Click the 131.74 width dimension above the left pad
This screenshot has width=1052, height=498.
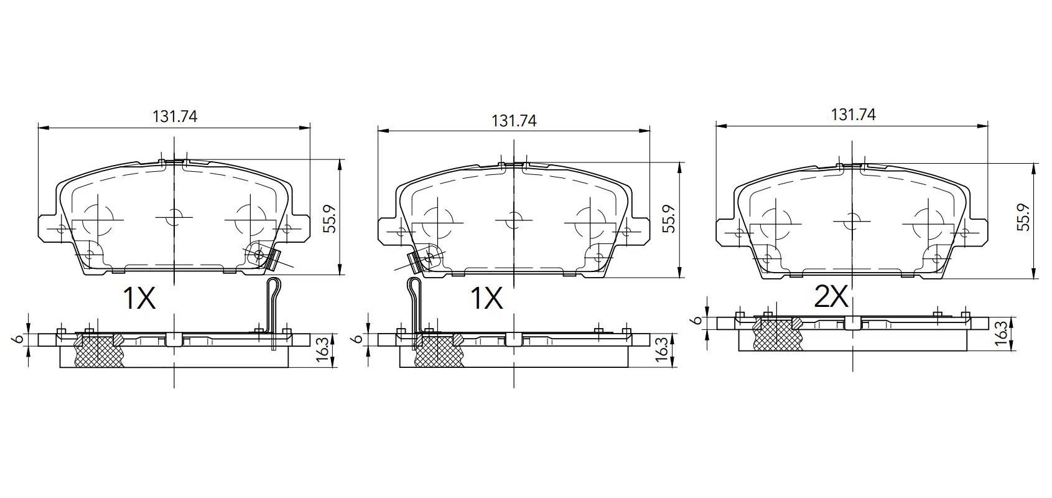tap(175, 116)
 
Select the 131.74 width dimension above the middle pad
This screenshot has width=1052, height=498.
tap(514, 121)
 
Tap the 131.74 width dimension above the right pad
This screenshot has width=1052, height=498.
tap(854, 115)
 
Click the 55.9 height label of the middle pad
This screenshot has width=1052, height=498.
tap(670, 219)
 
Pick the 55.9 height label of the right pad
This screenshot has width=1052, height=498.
tap(1024, 217)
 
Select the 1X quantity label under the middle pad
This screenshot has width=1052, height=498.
tap(486, 298)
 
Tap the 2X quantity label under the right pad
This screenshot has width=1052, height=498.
tap(831, 297)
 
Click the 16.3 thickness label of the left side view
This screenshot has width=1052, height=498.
tap(322, 350)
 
